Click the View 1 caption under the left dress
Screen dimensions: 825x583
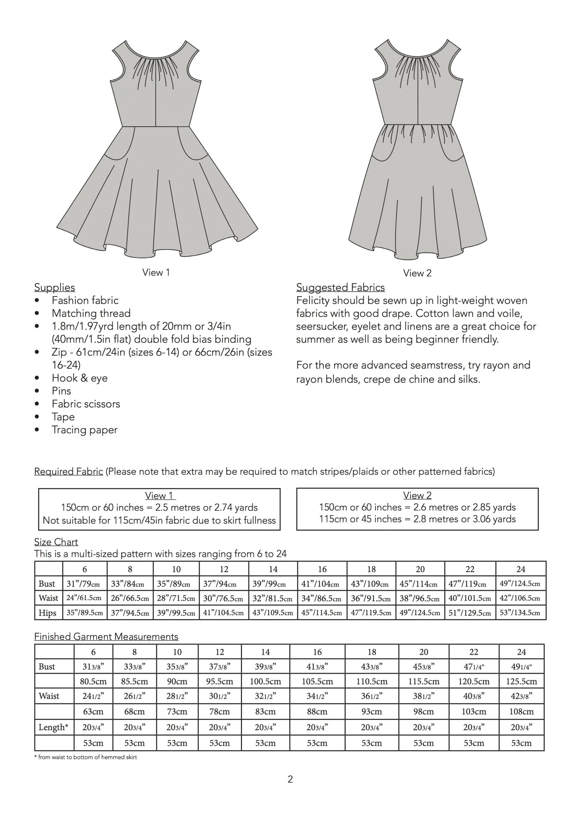pyautogui.click(x=156, y=272)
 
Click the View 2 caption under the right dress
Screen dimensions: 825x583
pyautogui.click(x=417, y=273)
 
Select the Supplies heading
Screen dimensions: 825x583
pyautogui.click(x=55, y=287)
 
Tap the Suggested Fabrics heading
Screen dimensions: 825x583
pyautogui.click(x=340, y=287)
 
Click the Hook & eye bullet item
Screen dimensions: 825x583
pyautogui.click(x=79, y=378)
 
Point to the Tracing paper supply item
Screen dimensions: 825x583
pyautogui.click(x=84, y=430)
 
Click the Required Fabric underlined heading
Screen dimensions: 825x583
pyautogui.click(x=69, y=471)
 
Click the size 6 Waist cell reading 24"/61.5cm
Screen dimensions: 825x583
pyautogui.click(x=84, y=598)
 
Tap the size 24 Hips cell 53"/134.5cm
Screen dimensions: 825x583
pyautogui.click(x=520, y=613)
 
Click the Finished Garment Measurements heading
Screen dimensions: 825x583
pyautogui.click(x=106, y=637)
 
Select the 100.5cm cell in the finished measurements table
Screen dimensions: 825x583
pyautogui.click(x=265, y=681)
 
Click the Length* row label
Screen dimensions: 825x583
pyautogui.click(x=53, y=728)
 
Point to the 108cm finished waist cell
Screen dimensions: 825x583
pyautogui.click(x=521, y=712)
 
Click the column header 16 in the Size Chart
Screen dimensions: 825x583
pyautogui.click(x=322, y=569)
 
